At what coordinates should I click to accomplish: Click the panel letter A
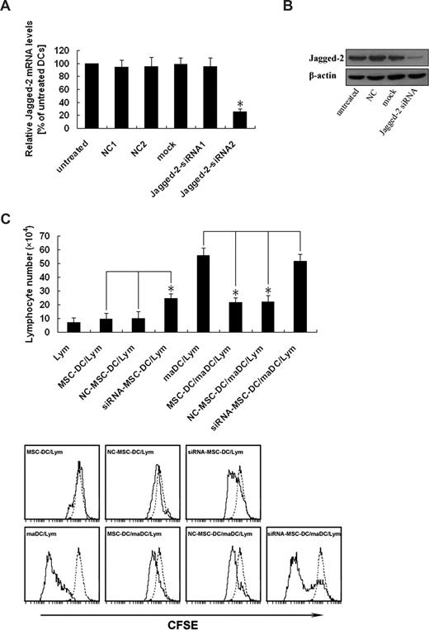(x=7, y=7)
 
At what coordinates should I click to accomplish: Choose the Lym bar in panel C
(x=74, y=327)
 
